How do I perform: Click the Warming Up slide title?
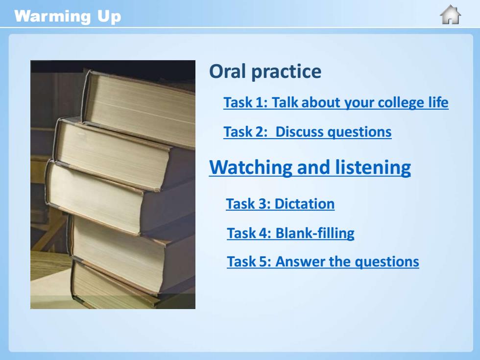click(68, 17)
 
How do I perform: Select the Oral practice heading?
click(265, 72)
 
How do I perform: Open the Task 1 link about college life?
click(336, 102)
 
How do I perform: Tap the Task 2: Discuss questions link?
click(308, 132)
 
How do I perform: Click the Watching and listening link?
click(310, 168)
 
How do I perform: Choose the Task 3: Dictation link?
click(280, 204)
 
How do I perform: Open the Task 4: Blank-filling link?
click(290, 233)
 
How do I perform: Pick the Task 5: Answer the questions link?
click(323, 262)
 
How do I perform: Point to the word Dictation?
click(305, 204)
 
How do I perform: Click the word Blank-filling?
click(315, 233)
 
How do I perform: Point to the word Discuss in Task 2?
click(299, 132)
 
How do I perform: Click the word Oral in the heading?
click(228, 72)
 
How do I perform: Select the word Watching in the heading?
click(250, 168)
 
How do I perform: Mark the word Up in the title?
click(109, 17)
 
